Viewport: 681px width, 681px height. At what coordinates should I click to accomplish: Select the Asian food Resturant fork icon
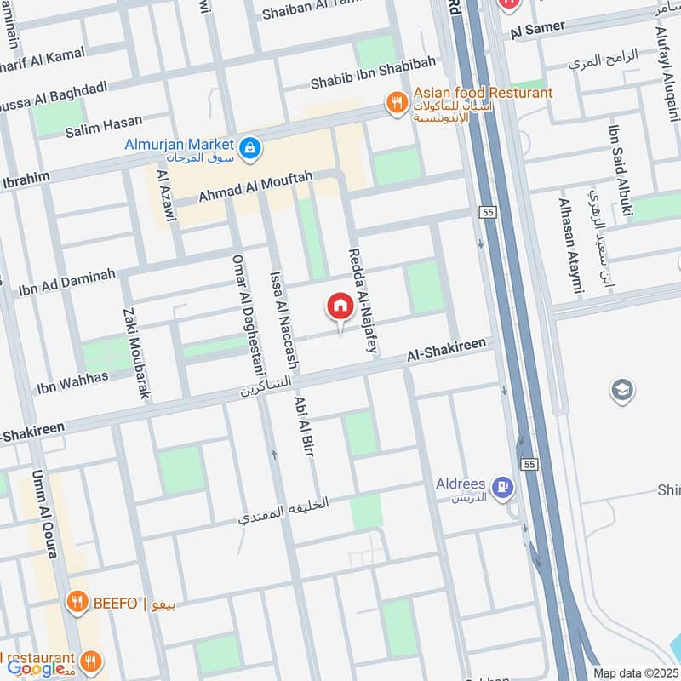coord(397,104)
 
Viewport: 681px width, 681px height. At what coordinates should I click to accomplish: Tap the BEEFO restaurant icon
coord(77,604)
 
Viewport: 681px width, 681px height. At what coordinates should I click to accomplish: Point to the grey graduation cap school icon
coord(622,391)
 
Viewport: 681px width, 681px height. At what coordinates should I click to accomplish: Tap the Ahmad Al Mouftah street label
coord(255,186)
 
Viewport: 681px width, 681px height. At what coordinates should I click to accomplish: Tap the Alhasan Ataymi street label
coord(569,246)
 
